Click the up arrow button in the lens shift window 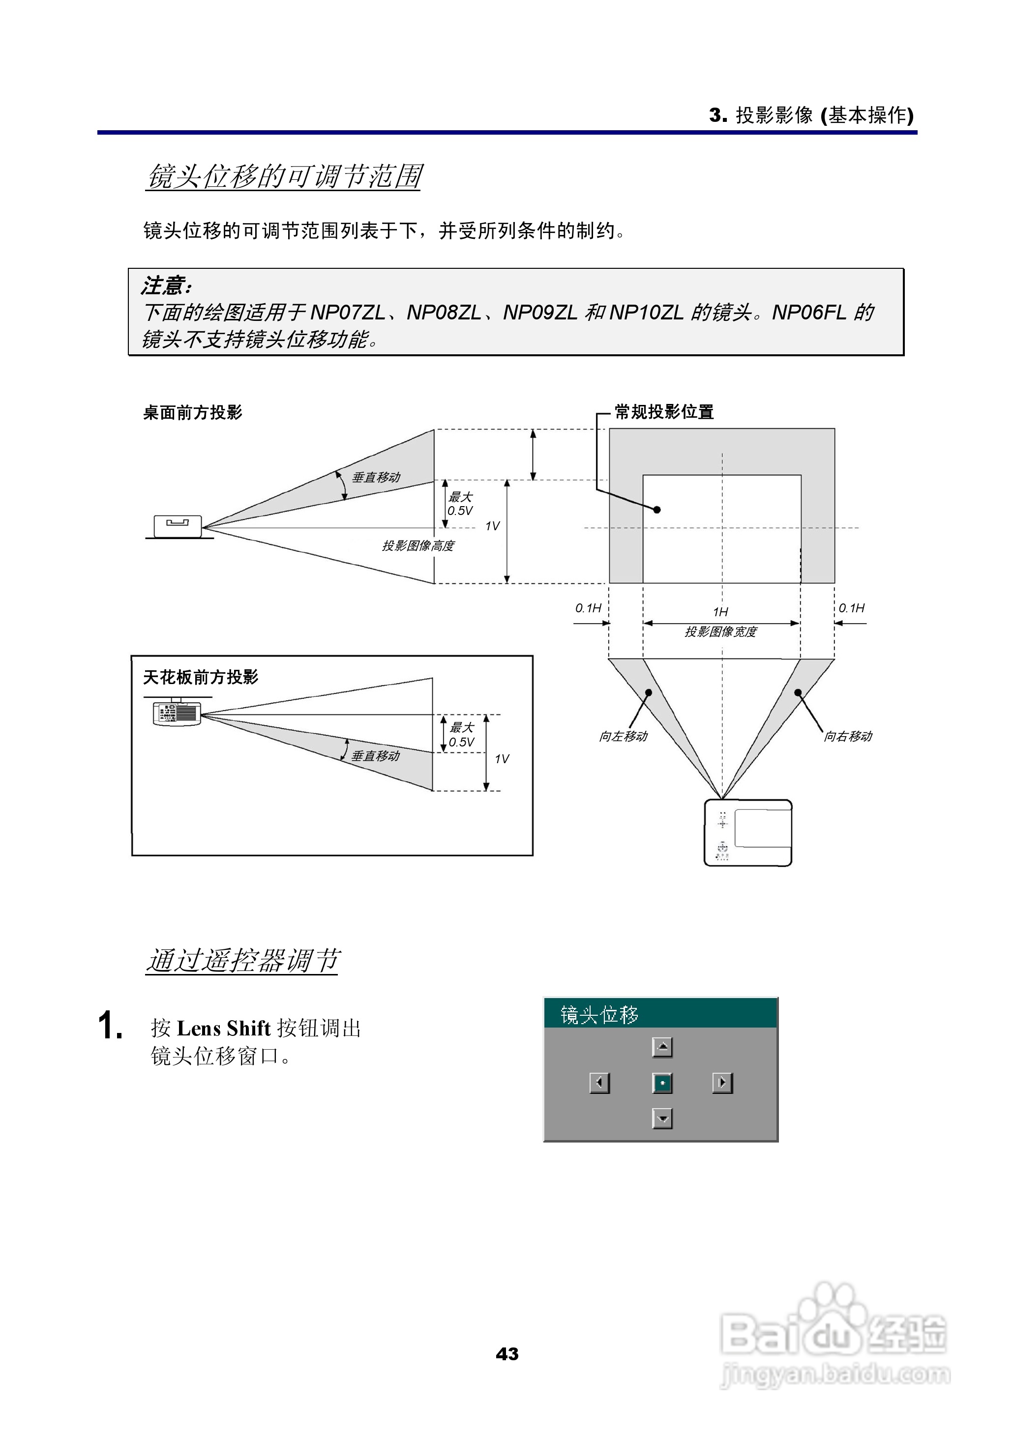(662, 1048)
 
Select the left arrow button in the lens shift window (599, 1083)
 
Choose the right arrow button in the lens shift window (722, 1083)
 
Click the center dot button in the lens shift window (662, 1083)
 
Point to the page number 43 (506, 1354)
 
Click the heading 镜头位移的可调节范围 (284, 176)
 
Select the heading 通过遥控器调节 (242, 960)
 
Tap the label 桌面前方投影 (192, 413)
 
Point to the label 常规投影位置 (664, 412)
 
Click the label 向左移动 (623, 737)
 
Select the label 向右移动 (848, 737)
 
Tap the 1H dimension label (720, 612)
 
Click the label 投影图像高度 (418, 546)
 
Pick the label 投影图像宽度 (720, 632)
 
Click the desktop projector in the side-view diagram (178, 526)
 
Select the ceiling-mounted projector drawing (177, 713)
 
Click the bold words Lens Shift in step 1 (223, 1029)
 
